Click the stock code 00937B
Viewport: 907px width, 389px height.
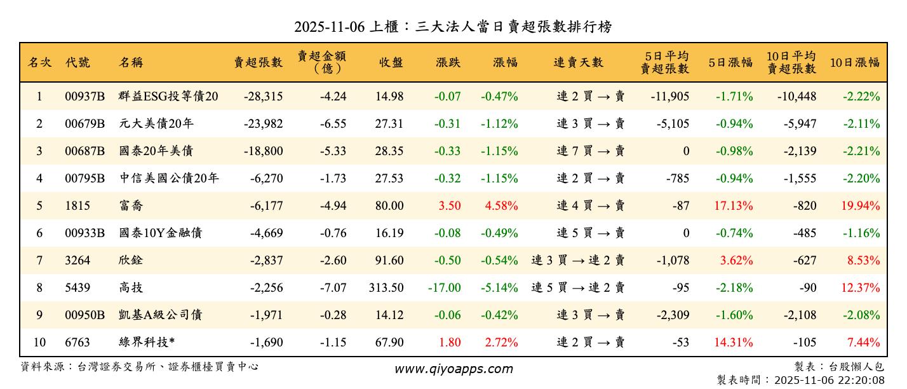pos(84,97)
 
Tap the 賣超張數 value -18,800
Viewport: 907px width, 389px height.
pos(263,151)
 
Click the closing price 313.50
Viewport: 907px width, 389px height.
pos(386,288)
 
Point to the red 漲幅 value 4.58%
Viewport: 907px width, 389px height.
pos(501,206)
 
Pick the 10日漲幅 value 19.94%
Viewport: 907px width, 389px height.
pos(861,206)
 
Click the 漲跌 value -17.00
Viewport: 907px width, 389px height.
pos(444,288)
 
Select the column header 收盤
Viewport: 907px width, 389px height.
pos(391,62)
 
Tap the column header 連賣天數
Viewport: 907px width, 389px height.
pos(578,62)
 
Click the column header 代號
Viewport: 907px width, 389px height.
pos(77,62)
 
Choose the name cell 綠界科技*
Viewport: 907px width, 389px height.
pos(147,343)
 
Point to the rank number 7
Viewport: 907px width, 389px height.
pos(39,261)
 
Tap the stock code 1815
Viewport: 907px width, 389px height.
pos(77,206)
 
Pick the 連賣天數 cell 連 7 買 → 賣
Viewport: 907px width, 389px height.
pos(591,151)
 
